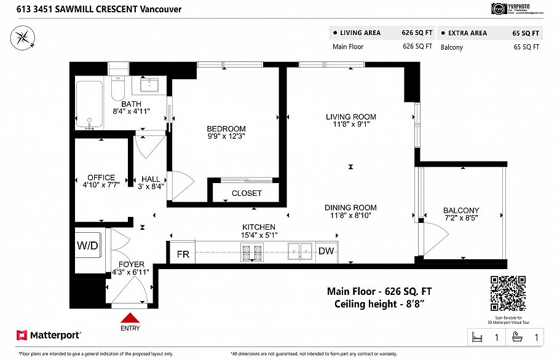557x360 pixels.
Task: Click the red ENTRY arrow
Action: [130, 318]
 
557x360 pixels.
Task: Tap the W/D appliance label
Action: [85, 246]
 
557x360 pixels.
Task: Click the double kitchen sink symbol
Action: [301, 251]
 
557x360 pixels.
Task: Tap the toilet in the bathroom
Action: [117, 90]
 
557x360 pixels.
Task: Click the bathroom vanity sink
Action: [149, 85]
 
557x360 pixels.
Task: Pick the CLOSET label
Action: [247, 193]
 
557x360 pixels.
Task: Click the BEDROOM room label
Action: [226, 128]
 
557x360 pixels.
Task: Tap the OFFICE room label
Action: [101, 178]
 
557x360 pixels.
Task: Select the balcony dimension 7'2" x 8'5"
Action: [461, 217]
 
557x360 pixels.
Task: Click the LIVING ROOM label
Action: [350, 117]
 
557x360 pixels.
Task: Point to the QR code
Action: [508, 294]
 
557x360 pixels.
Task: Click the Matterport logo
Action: [49, 335]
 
